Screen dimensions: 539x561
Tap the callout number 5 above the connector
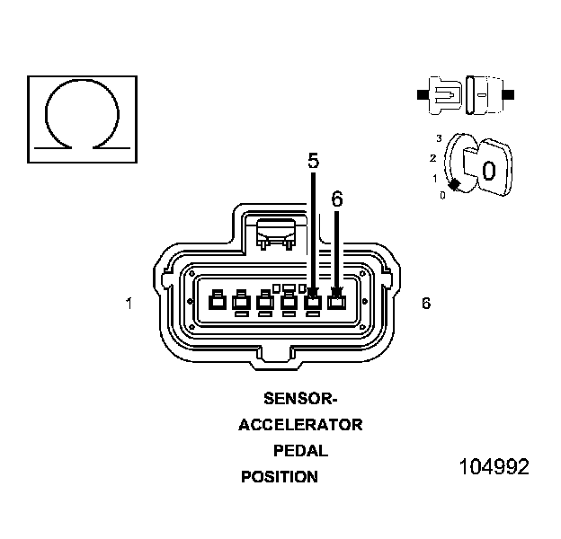click(x=313, y=162)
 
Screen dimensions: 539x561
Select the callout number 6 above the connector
click(x=336, y=199)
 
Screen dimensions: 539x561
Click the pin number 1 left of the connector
click(x=129, y=305)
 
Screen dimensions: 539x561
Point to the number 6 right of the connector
click(x=425, y=304)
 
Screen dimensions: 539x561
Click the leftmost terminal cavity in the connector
click(x=217, y=303)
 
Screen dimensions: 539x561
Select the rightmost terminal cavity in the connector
click(x=336, y=302)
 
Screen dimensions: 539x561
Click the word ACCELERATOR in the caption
click(x=300, y=425)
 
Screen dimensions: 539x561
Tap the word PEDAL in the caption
click(x=300, y=451)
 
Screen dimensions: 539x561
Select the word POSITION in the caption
click(x=280, y=477)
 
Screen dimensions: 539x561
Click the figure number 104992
click(x=494, y=468)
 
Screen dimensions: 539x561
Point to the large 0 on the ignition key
click(x=488, y=171)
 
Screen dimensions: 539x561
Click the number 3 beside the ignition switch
click(x=439, y=137)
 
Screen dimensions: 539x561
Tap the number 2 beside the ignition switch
click(x=432, y=158)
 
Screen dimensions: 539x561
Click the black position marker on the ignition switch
click(x=455, y=184)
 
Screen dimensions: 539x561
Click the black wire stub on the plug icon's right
click(x=508, y=94)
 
